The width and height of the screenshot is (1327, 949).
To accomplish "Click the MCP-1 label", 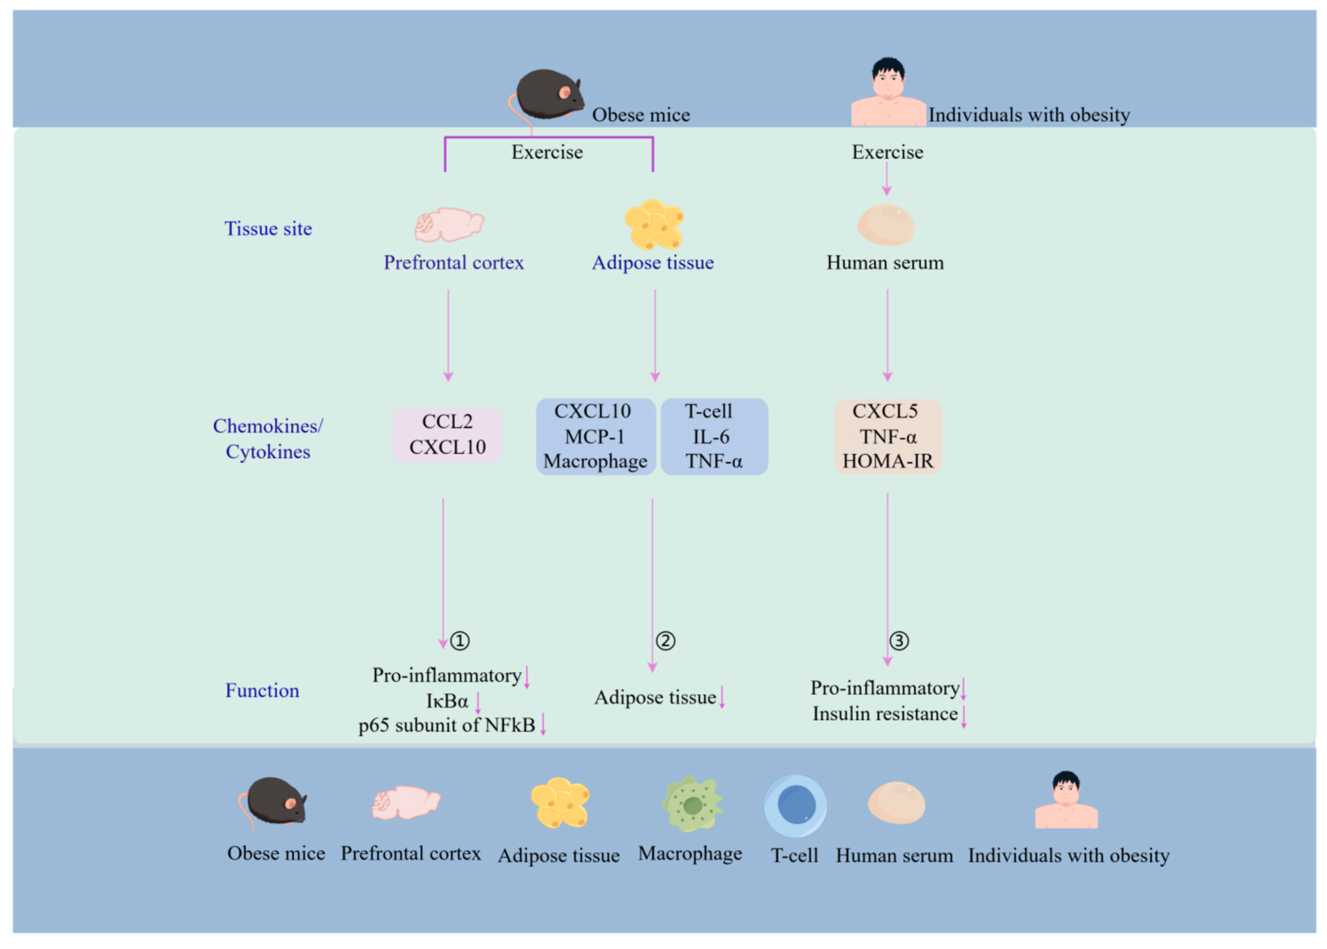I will click(594, 437).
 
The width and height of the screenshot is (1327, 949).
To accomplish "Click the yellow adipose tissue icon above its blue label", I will click(654, 224).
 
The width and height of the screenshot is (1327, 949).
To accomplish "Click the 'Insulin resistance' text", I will click(885, 714).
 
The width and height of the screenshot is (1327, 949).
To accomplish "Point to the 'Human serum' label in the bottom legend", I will click(894, 855).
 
